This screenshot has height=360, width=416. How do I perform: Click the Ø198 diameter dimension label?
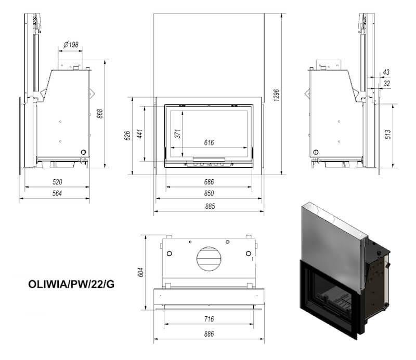point(71,45)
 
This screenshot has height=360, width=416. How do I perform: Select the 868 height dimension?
point(99,114)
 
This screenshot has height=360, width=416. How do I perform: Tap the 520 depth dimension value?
point(57,182)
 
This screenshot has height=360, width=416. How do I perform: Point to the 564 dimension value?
point(57,193)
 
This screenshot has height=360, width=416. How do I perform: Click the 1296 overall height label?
point(277,95)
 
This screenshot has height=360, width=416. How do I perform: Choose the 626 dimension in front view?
point(127,136)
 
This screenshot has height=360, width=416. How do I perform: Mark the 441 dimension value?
point(140,134)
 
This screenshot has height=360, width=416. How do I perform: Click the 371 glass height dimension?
point(178,134)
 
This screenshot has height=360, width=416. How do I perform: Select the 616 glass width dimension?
point(209,143)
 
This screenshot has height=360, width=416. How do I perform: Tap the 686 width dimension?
point(209,182)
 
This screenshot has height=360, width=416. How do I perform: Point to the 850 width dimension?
point(209,193)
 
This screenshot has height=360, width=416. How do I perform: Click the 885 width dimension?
point(210,206)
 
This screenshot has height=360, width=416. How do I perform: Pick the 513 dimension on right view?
point(387,135)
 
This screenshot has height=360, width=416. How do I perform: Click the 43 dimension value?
point(386,72)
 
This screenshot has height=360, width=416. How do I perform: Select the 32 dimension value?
point(387,84)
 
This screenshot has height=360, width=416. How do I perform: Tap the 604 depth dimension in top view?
point(140,272)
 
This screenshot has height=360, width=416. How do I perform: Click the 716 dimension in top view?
point(209,319)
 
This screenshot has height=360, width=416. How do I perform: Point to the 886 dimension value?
point(209,334)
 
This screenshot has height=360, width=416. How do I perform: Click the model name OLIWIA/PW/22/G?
point(71,284)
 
